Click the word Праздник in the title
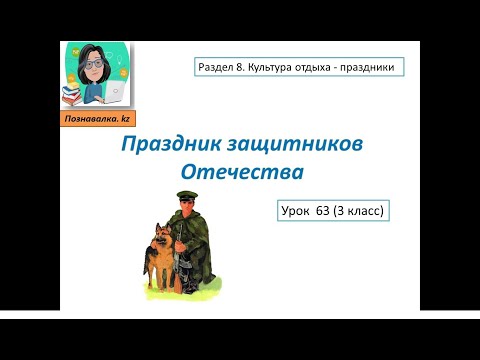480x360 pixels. (166, 146)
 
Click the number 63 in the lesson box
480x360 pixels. (340, 211)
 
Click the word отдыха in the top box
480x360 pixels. (334, 68)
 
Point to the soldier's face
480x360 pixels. (192, 208)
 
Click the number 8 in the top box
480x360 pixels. (250, 68)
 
